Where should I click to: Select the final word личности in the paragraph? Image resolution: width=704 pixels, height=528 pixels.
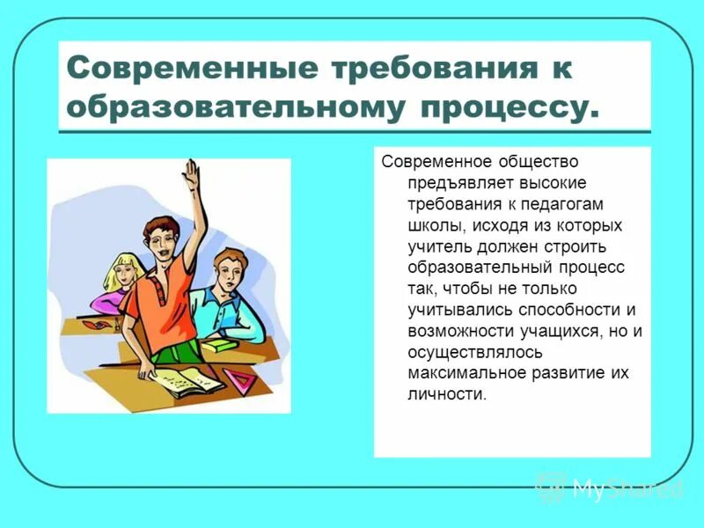[446, 394]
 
